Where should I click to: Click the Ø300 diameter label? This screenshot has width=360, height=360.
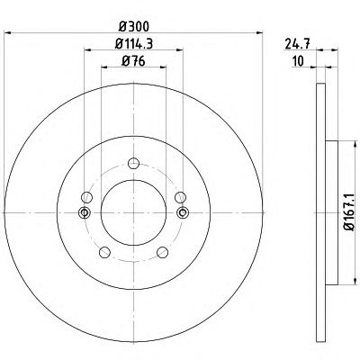133,27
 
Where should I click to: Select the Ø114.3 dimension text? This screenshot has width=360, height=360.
134,44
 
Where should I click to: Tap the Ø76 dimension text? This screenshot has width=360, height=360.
133,61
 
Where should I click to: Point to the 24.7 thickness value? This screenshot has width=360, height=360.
297,44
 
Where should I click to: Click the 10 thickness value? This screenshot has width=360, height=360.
298,61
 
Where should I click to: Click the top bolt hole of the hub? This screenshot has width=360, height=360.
133,164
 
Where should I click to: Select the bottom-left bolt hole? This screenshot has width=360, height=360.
104,252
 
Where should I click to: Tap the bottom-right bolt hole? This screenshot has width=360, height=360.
163,252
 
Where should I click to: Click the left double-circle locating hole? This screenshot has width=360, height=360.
85,212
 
